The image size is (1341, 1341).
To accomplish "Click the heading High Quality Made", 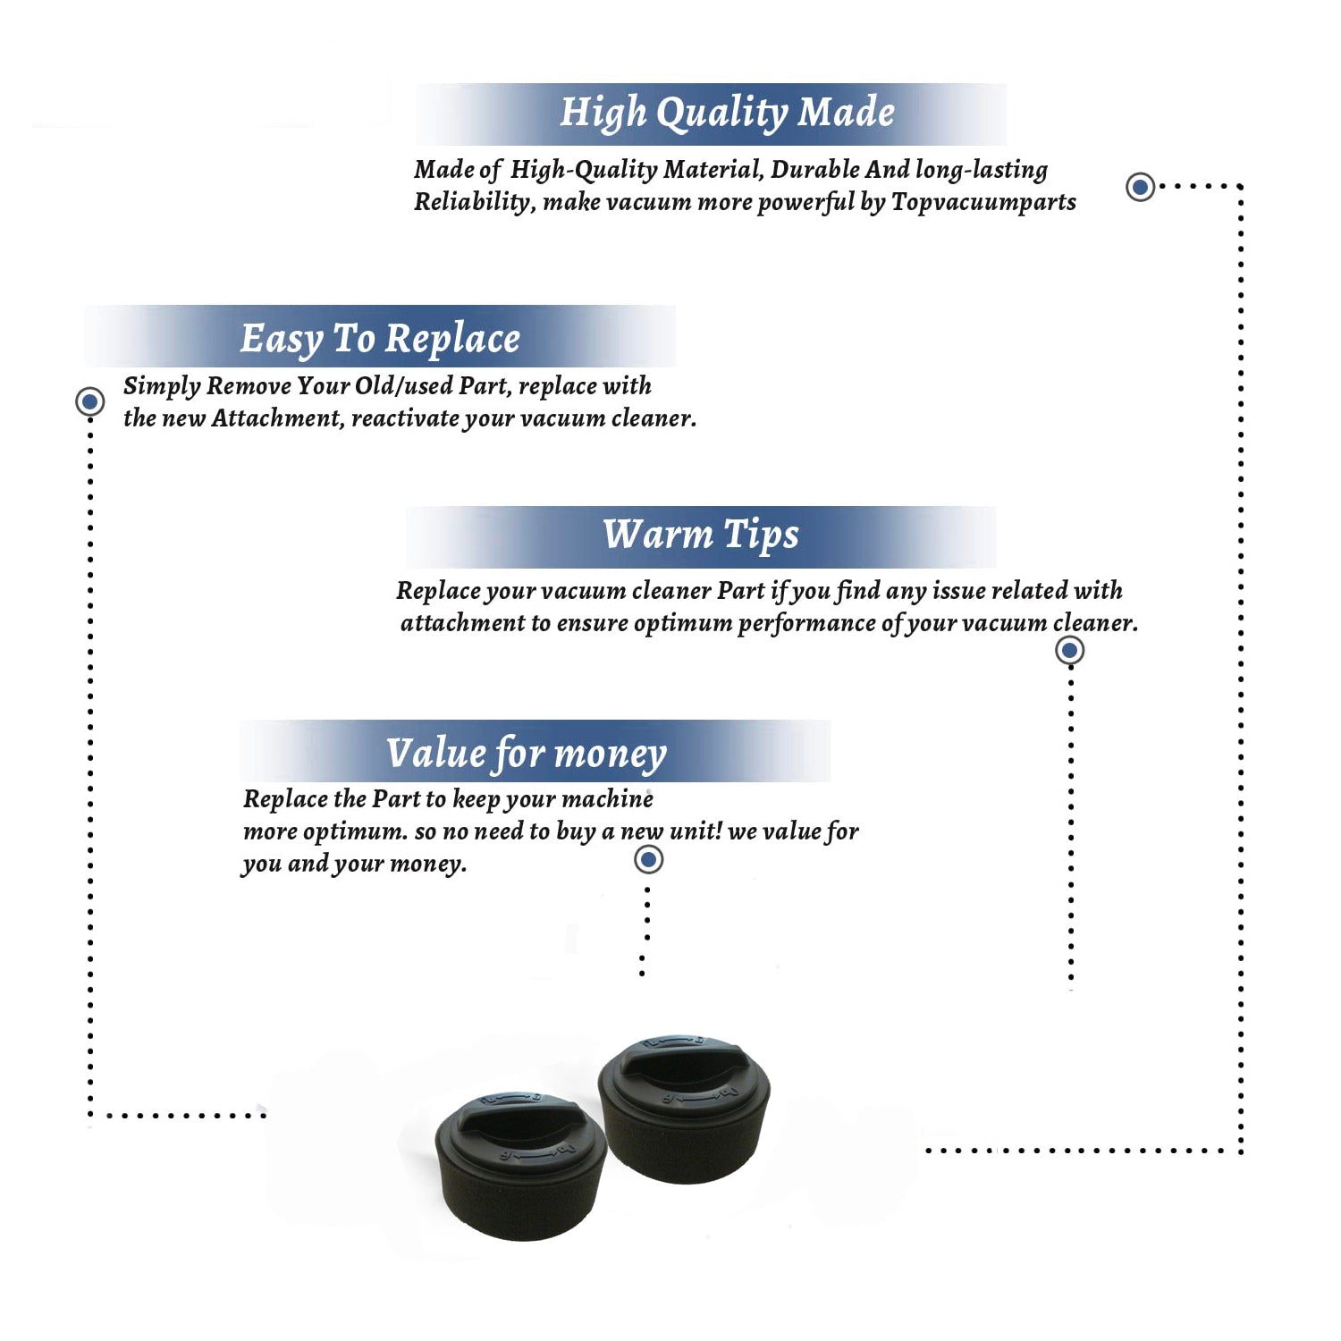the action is coord(727,114).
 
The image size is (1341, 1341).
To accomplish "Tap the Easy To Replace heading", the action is coord(380,340).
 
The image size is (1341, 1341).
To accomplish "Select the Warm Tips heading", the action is coord(701,536).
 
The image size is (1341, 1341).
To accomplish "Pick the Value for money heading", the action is coord(527,754).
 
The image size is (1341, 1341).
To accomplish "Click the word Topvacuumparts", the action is coord(983,203).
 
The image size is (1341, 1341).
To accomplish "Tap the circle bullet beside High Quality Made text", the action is coord(1140,187).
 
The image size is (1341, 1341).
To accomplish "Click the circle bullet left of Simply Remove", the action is coord(89,401).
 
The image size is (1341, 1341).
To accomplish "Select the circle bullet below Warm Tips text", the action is coord(1070,650).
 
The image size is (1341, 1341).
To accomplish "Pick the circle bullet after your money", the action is coord(648,860).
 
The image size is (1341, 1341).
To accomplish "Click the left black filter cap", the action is coord(521,1164).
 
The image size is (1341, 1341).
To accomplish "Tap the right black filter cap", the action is coord(684,1108).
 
